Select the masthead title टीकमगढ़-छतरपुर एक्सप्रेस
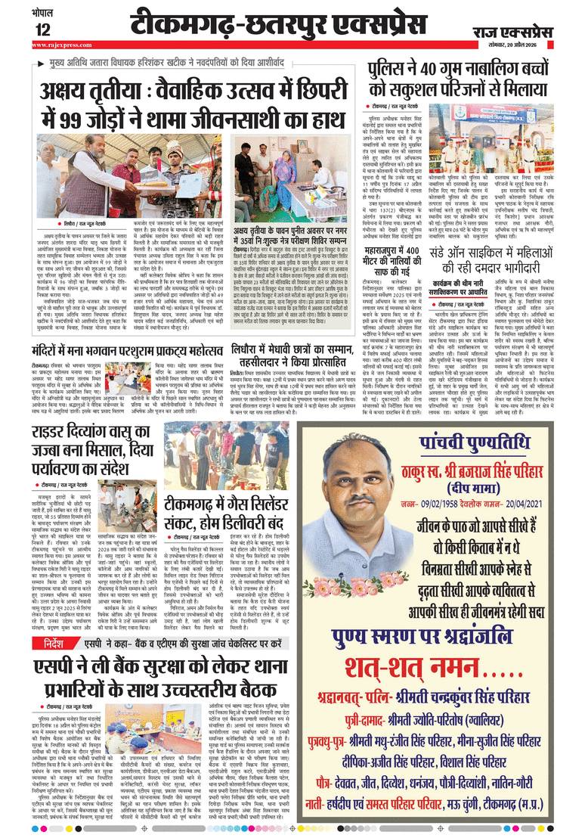[x=289, y=25]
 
